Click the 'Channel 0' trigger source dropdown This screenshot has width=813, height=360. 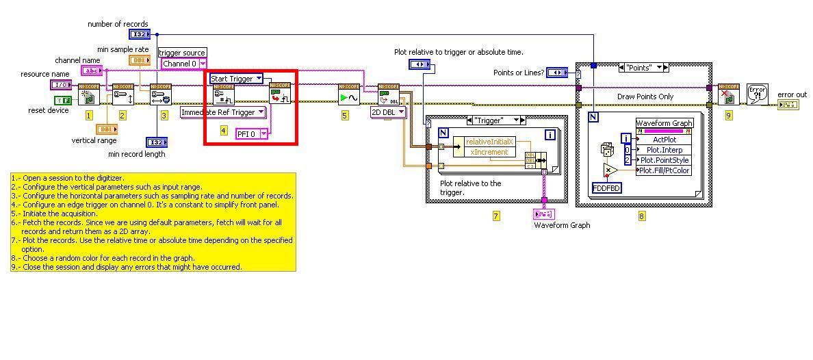tap(183, 64)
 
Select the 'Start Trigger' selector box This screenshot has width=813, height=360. tap(235, 78)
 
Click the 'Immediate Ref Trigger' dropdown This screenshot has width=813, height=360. tap(223, 112)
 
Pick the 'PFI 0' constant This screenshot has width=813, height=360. tap(251, 134)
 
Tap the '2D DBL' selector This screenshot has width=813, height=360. tap(388, 112)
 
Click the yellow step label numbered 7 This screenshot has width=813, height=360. tap(496, 216)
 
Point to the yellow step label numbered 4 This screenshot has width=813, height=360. tap(223, 130)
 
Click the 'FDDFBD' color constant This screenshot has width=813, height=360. tap(607, 188)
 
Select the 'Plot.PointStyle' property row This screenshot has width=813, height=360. tap(663, 160)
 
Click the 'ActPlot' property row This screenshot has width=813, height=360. tap(663, 140)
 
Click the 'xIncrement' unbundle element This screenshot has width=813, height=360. tap(489, 152)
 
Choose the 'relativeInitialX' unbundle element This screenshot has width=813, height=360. tap(489, 142)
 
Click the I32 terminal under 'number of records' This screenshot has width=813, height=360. tap(139, 34)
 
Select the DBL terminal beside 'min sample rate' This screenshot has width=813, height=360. tap(139, 60)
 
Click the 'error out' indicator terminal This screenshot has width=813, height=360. tap(788, 105)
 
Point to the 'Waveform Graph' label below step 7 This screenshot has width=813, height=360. tap(562, 225)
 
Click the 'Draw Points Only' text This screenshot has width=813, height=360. tap(645, 97)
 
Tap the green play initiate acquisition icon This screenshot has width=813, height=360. tap(348, 95)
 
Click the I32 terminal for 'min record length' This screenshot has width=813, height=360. tap(157, 142)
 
